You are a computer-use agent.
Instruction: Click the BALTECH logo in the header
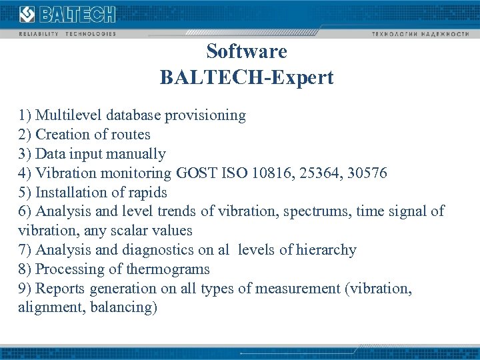[x=67, y=14]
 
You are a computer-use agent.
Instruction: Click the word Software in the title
[x=247, y=51]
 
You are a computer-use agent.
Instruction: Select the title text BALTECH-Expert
[x=247, y=78]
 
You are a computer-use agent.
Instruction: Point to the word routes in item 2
[x=131, y=135]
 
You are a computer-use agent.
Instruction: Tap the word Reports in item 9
[x=61, y=289]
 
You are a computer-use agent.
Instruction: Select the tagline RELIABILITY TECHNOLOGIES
[x=67, y=33]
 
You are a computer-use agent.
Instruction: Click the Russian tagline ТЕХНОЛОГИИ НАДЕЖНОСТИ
[x=421, y=33]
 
